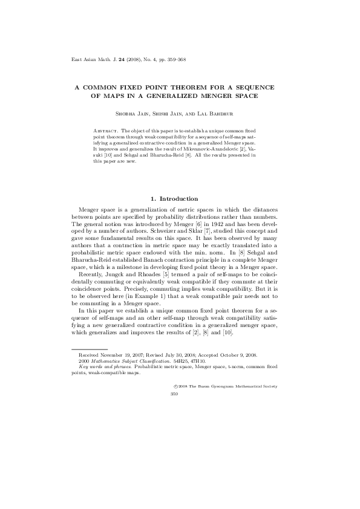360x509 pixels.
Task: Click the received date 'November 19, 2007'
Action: tap(124, 355)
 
